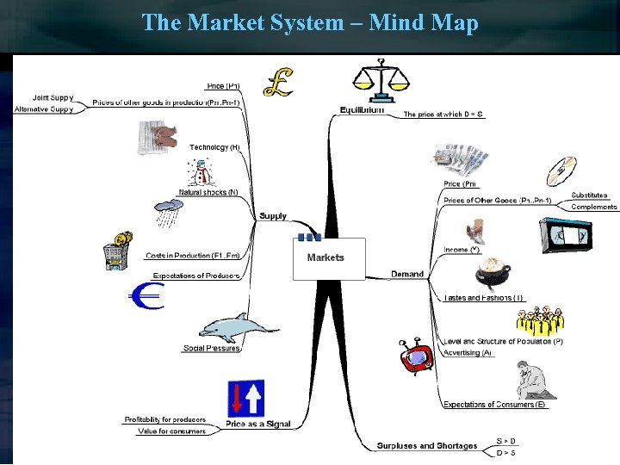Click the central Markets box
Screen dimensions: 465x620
click(x=329, y=258)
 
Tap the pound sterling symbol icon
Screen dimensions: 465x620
click(x=277, y=82)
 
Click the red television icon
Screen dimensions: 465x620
click(x=417, y=356)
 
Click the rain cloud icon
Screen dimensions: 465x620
click(x=168, y=211)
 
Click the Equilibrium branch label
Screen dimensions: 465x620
click(x=362, y=110)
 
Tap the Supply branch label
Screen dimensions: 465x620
click(x=273, y=215)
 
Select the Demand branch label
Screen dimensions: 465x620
click(x=407, y=274)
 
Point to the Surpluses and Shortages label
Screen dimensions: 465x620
click(x=426, y=445)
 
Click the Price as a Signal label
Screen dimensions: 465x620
click(x=257, y=424)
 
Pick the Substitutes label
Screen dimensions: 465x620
click(x=589, y=195)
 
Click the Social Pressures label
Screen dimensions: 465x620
click(x=211, y=348)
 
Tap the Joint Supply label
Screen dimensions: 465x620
click(x=53, y=97)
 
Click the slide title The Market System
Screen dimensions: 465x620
click(x=309, y=22)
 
